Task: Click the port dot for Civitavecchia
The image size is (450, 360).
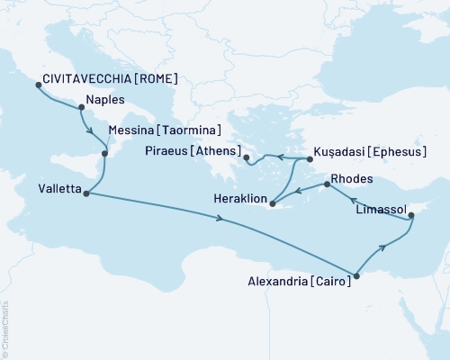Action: pos(38,85)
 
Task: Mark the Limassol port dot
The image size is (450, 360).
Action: pos(411,216)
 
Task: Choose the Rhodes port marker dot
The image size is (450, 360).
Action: pos(323,185)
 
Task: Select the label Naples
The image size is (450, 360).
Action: pos(103,101)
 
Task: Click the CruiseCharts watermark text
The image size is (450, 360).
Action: pos(5,329)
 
